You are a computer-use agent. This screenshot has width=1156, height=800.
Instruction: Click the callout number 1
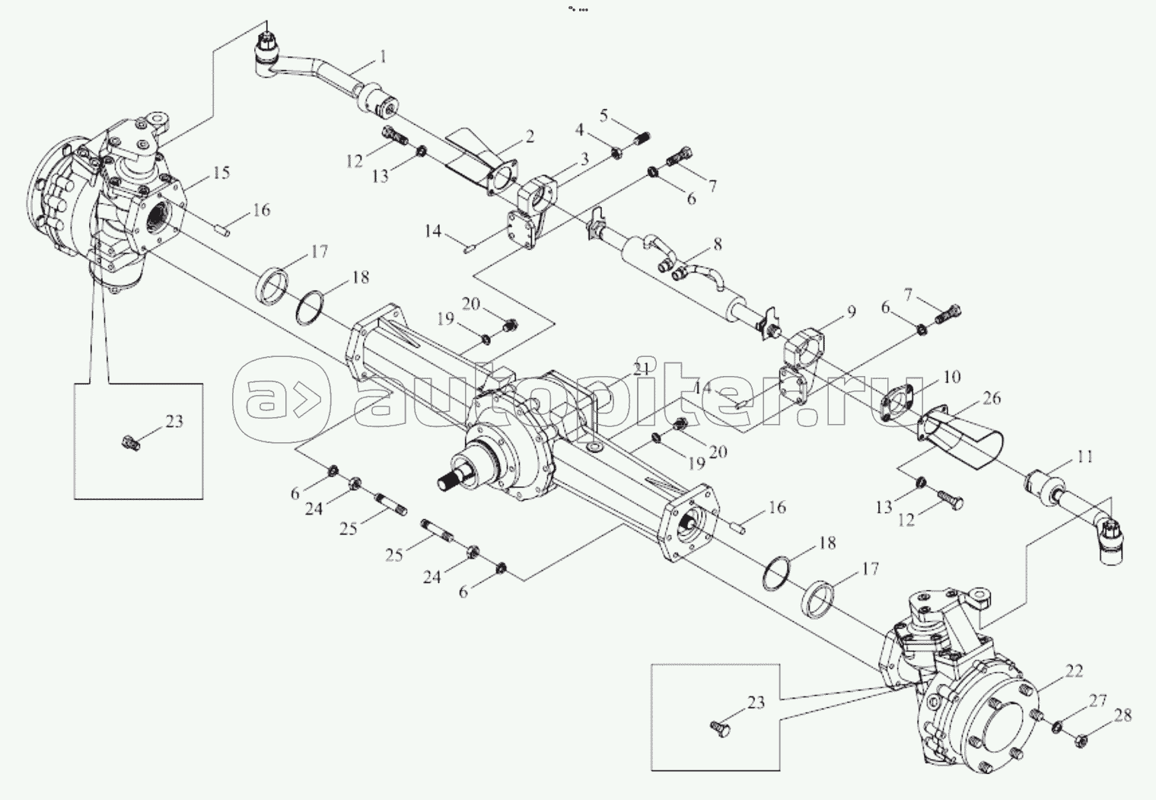pyautogui.click(x=383, y=56)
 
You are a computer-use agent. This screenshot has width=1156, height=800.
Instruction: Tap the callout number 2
pyautogui.click(x=529, y=136)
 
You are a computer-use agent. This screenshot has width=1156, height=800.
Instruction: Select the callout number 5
pyautogui.click(x=603, y=115)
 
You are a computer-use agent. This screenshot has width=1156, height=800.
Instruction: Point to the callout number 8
pyautogui.click(x=717, y=245)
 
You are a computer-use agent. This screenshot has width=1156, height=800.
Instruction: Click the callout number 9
pyautogui.click(x=851, y=312)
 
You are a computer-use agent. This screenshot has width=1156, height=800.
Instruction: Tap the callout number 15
pyautogui.click(x=220, y=173)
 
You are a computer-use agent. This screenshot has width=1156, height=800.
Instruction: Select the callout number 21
pyautogui.click(x=641, y=369)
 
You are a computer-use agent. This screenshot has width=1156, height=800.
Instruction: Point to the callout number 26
pyautogui.click(x=992, y=398)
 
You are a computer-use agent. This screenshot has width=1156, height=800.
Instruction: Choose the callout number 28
pyautogui.click(x=1122, y=716)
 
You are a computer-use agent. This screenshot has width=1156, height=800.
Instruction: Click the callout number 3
pyautogui.click(x=584, y=159)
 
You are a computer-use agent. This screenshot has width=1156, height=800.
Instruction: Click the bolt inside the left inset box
pyautogui.click(x=131, y=442)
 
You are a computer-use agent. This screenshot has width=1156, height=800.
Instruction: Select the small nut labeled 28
pyautogui.click(x=1081, y=738)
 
